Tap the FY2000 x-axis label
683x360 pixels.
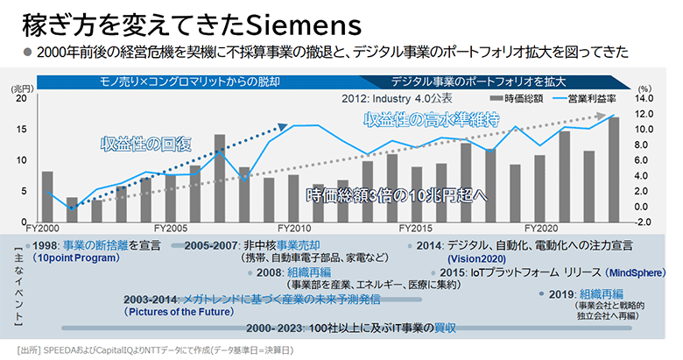pyautogui.click(x=40, y=228)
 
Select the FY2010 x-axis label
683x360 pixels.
pyautogui.click(x=293, y=228)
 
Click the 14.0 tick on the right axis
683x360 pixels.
pyautogui.click(x=644, y=98)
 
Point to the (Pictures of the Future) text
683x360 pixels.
pyautogui.click(x=180, y=311)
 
